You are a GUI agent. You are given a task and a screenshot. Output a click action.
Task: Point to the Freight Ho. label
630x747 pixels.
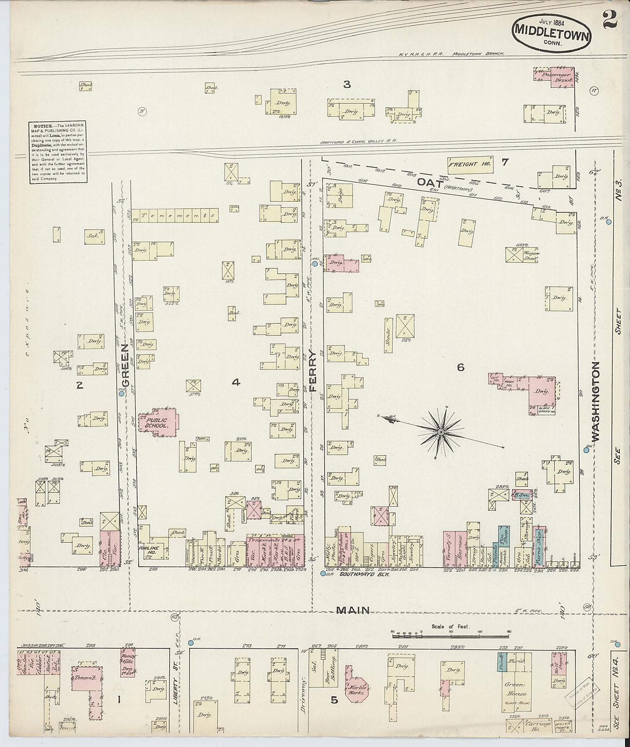(470, 165)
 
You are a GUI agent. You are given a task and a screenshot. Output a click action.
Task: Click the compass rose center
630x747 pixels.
(441, 432)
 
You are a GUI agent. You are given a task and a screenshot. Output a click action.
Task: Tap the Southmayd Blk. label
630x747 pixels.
(364, 574)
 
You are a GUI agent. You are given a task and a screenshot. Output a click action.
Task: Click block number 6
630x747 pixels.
(461, 367)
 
